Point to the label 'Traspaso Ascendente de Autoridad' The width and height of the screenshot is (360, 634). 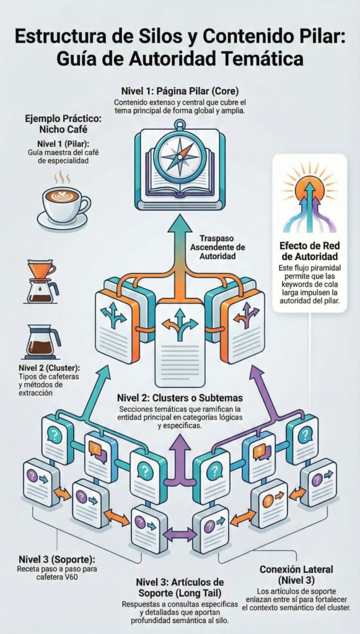coord(218,247)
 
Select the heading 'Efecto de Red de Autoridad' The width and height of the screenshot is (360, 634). coord(309,251)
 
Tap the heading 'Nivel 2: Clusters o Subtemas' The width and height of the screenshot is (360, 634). coord(180,398)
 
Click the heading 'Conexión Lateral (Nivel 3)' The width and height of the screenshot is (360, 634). coord(296,575)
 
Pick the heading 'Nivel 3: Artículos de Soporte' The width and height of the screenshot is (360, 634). coord(180,588)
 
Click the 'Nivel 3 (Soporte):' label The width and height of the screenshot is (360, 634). coord(57,560)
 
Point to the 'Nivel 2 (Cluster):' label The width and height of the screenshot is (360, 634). coord(49,368)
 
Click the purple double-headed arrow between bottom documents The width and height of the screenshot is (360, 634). coord(179,534)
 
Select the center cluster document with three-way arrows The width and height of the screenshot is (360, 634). coord(180,344)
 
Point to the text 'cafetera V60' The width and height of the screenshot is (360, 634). coord(56,577)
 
